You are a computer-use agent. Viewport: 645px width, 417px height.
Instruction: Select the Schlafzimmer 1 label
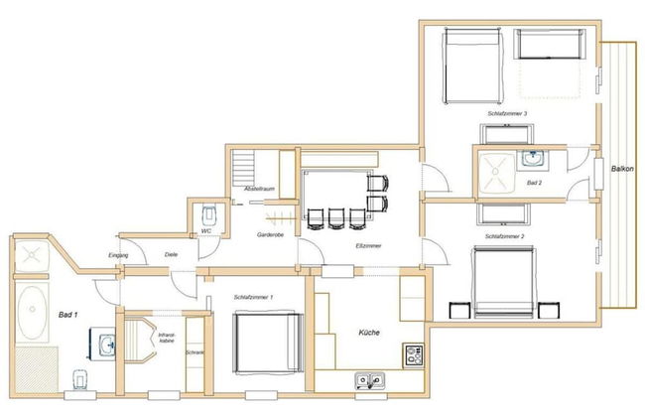pos(255,297)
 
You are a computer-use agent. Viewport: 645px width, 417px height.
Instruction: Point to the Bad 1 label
pos(68,315)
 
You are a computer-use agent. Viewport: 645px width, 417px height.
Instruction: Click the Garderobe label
pos(270,235)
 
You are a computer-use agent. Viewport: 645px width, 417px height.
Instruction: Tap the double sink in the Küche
pos(370,379)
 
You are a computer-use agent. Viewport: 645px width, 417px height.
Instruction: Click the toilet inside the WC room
pos(206,213)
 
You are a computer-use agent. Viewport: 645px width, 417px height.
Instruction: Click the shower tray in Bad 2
pos(493,174)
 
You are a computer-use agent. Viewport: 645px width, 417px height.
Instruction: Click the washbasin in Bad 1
pos(108,345)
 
